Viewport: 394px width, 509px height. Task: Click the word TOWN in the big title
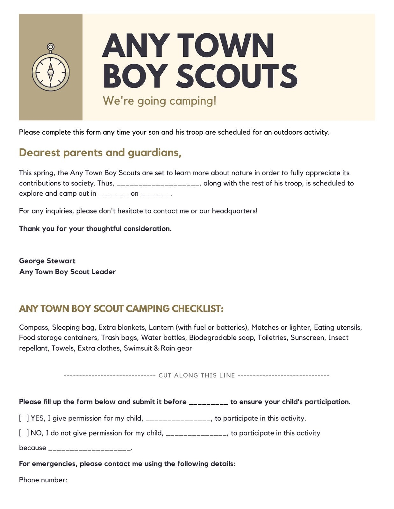point(225,45)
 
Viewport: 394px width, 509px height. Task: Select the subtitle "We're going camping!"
point(160,101)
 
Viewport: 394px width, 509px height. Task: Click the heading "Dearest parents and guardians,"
point(100,153)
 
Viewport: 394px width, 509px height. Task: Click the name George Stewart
point(47,261)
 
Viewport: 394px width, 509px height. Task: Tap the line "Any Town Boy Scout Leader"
point(68,272)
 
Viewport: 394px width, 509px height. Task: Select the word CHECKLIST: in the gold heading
point(197,309)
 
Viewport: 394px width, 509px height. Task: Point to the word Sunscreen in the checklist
point(308,338)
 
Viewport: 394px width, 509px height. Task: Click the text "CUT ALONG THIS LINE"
point(197,375)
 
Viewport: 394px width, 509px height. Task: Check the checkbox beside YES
point(24,418)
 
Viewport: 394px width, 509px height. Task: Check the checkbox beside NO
point(24,433)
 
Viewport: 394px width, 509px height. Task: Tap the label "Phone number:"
point(43,480)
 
